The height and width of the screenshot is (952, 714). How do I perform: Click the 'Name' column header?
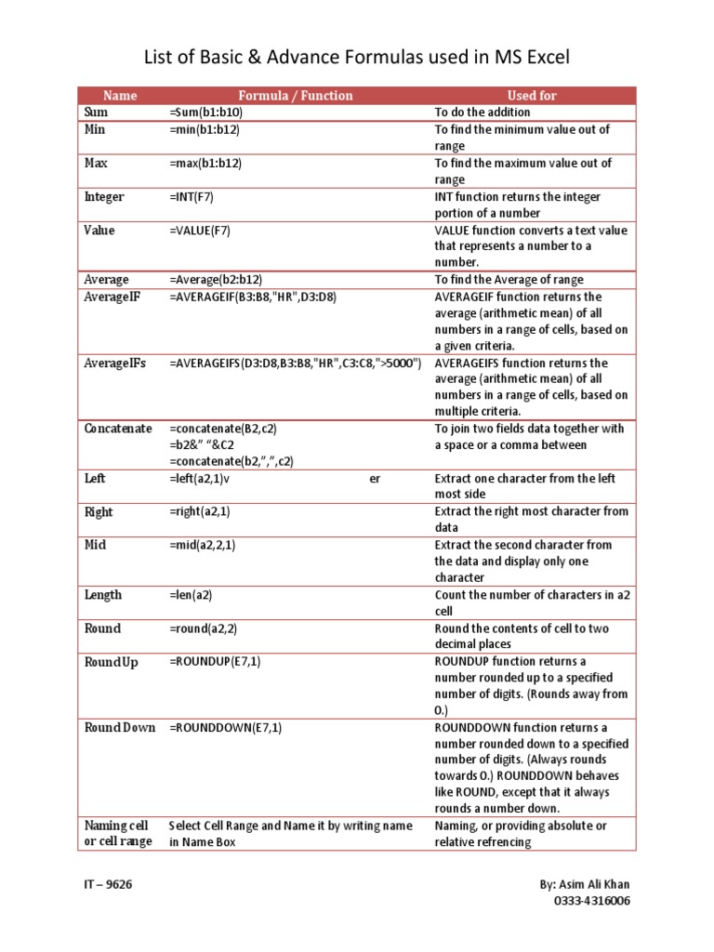click(x=120, y=96)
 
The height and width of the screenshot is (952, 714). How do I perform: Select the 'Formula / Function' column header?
click(x=296, y=96)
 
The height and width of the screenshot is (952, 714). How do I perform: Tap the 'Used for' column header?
click(x=533, y=96)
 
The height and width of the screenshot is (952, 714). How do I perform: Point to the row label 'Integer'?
click(x=104, y=197)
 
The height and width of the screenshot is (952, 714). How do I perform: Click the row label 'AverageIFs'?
click(x=115, y=363)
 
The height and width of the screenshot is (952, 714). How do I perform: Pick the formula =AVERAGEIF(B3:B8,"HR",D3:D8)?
click(x=253, y=297)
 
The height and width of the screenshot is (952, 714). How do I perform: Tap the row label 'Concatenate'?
click(x=118, y=429)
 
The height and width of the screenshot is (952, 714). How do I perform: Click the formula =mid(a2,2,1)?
click(x=203, y=546)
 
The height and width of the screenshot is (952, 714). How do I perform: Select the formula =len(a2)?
click(x=192, y=595)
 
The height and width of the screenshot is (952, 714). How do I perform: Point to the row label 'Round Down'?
click(x=120, y=727)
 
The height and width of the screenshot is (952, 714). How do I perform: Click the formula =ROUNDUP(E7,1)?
click(x=216, y=661)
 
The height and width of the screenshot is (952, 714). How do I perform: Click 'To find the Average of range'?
click(x=509, y=280)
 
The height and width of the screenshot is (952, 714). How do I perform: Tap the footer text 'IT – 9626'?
click(x=108, y=884)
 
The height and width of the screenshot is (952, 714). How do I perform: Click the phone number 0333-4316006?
click(x=591, y=902)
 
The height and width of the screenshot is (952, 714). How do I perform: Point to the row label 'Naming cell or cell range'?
click(x=118, y=834)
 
